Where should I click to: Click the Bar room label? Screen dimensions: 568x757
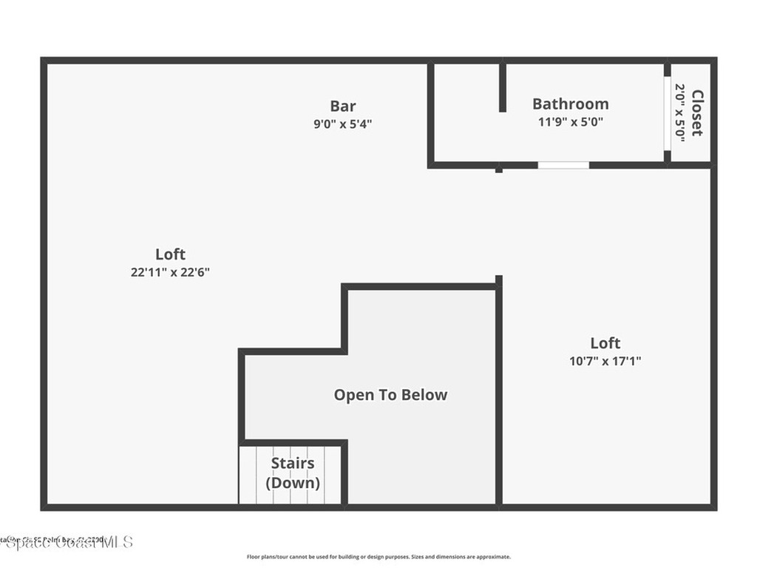point(342,106)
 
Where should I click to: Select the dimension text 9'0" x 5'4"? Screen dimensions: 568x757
point(342,124)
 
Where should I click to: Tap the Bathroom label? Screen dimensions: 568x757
point(570,104)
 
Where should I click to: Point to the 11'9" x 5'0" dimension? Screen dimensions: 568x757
point(570,122)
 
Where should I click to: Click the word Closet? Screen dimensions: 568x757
point(697,112)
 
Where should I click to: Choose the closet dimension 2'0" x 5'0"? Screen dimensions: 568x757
point(679,112)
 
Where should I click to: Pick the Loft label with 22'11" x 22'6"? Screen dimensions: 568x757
point(170,254)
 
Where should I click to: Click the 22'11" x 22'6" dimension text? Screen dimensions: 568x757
point(170,272)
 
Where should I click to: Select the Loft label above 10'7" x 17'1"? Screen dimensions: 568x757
point(605,342)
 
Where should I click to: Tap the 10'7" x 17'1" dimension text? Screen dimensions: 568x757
point(605,362)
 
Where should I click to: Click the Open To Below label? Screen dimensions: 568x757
point(390,395)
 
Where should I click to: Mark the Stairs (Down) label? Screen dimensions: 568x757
point(293,473)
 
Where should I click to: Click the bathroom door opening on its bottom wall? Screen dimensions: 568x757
point(563,165)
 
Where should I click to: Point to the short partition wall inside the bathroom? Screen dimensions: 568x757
point(502,87)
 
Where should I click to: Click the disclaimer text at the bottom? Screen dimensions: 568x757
point(378,557)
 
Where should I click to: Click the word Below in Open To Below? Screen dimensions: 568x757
point(424,395)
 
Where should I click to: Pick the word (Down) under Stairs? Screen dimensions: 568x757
point(293,483)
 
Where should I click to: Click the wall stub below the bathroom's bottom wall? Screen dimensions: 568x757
point(499,170)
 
